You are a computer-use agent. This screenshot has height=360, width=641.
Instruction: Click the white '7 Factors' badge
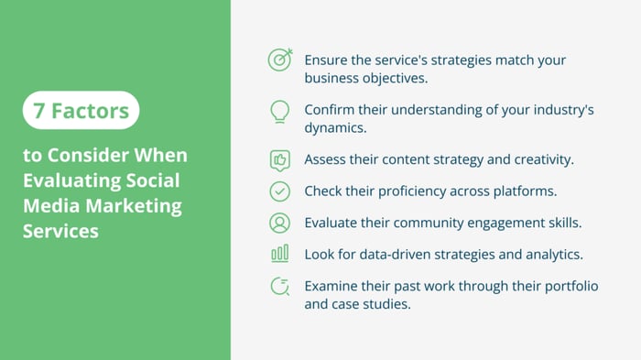coord(81,111)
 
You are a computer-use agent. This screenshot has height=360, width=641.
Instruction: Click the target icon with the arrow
coord(280,60)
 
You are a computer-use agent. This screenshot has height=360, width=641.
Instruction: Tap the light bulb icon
coord(280,112)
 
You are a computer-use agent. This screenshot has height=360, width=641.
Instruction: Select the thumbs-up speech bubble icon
coord(280,160)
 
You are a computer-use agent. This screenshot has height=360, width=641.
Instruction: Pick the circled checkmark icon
coord(280,191)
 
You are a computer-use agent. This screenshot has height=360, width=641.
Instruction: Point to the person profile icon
coord(280,223)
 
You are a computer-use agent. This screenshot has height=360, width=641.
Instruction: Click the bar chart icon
coord(280,254)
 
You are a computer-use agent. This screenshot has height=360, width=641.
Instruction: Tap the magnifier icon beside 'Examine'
coord(280,287)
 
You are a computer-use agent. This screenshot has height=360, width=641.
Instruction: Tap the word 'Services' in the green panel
coord(60,231)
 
